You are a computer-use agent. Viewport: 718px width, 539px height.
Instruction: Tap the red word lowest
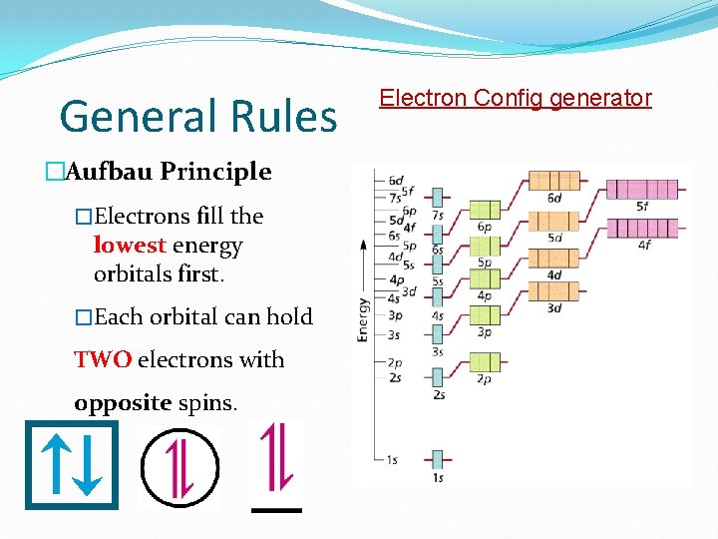point(130,246)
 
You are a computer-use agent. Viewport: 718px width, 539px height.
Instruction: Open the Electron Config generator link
point(515,98)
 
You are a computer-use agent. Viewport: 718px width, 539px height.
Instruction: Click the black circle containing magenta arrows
point(179,466)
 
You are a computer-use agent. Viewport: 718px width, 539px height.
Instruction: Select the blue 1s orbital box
point(438,460)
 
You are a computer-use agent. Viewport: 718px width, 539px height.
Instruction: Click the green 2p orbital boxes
point(484,361)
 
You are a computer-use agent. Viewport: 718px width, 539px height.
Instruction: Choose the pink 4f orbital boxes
point(641,228)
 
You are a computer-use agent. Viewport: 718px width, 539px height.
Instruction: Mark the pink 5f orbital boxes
point(641,188)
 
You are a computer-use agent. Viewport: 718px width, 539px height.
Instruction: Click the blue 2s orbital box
point(438,377)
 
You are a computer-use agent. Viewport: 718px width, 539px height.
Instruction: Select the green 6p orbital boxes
point(484,210)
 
